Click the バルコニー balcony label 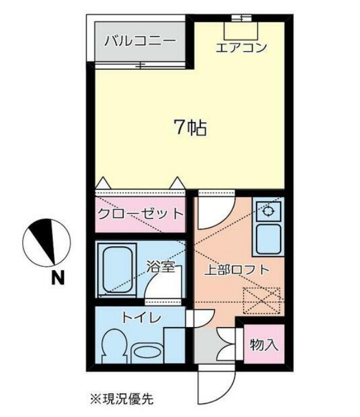pyautogui.click(x=139, y=42)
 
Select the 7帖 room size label pyautogui.click(x=190, y=127)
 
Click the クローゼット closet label pyautogui.click(x=140, y=213)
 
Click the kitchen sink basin pyautogui.click(x=268, y=237)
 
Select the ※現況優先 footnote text pyautogui.click(x=121, y=400)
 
